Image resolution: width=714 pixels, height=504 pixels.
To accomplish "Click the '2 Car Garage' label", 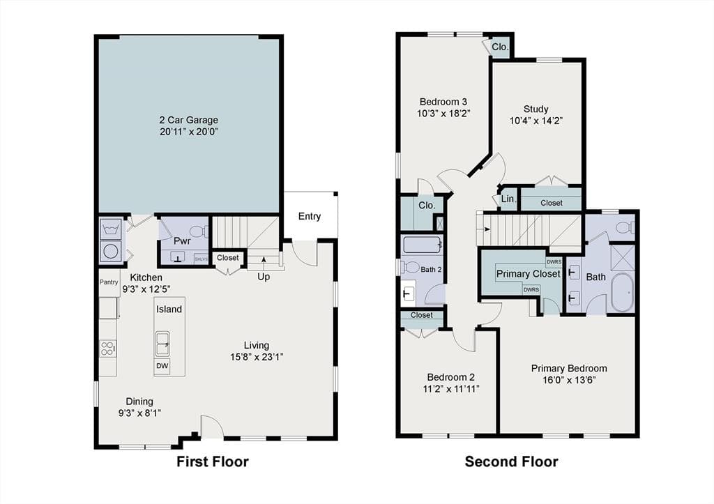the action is coord(188,120).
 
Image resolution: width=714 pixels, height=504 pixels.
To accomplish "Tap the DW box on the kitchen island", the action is coord(162,365).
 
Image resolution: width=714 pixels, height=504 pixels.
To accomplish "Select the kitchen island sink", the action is coord(162,344).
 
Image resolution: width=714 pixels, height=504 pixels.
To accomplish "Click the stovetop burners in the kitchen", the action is coord(107,349).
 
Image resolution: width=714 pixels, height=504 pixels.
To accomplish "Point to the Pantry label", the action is coord(109,282).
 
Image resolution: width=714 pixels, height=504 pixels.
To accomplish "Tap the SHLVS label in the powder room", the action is coord(201,259).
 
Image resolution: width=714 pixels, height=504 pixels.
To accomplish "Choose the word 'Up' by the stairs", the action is coord(264,277).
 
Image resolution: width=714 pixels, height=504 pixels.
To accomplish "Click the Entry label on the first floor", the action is coord(310,217).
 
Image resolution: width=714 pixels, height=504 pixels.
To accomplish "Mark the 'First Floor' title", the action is coord(213,461).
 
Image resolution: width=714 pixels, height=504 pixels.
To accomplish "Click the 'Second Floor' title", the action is coord(511,461).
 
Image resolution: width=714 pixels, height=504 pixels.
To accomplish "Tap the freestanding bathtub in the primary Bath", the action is coord(621,292).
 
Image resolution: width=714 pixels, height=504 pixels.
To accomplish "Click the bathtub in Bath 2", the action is coord(422,245).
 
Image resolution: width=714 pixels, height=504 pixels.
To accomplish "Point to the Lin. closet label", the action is coord(508,199).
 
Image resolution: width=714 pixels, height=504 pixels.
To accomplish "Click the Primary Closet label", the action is coord(529,274).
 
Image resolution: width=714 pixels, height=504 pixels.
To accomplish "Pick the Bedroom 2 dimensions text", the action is coord(451,389).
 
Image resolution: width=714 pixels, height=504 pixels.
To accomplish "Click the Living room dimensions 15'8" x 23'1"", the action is coord(257,358).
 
